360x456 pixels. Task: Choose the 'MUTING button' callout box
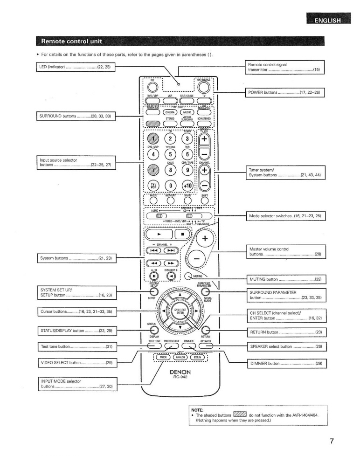point(285,280)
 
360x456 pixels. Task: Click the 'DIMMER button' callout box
point(285,362)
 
